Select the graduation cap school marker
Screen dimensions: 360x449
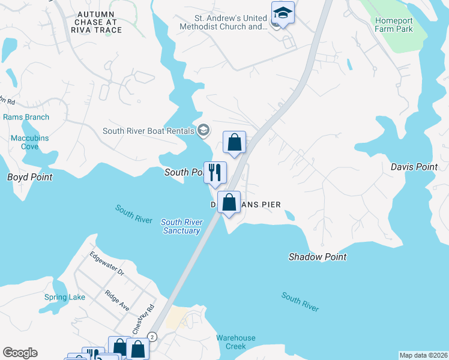[x=283, y=13]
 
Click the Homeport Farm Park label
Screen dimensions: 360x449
[x=394, y=25]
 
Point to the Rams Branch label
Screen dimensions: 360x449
[x=26, y=117]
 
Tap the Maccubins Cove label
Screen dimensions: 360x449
[x=29, y=142]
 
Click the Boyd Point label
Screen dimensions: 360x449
[x=29, y=177]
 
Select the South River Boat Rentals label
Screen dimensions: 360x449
[x=148, y=131]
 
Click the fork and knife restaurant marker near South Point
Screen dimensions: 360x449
[x=215, y=172]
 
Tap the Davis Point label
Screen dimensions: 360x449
[x=414, y=167]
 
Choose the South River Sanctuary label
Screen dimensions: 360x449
[x=181, y=226]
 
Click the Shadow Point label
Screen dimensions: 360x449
[x=318, y=257]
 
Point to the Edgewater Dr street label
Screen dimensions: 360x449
[x=106, y=263]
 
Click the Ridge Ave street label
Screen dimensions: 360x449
[x=117, y=301]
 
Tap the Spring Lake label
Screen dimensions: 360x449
[x=65, y=297]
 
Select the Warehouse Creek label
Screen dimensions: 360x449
[x=236, y=342]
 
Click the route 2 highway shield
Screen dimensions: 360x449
[x=152, y=337]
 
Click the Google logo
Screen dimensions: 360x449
[x=20, y=353]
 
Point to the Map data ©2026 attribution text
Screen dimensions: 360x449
[x=424, y=355]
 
